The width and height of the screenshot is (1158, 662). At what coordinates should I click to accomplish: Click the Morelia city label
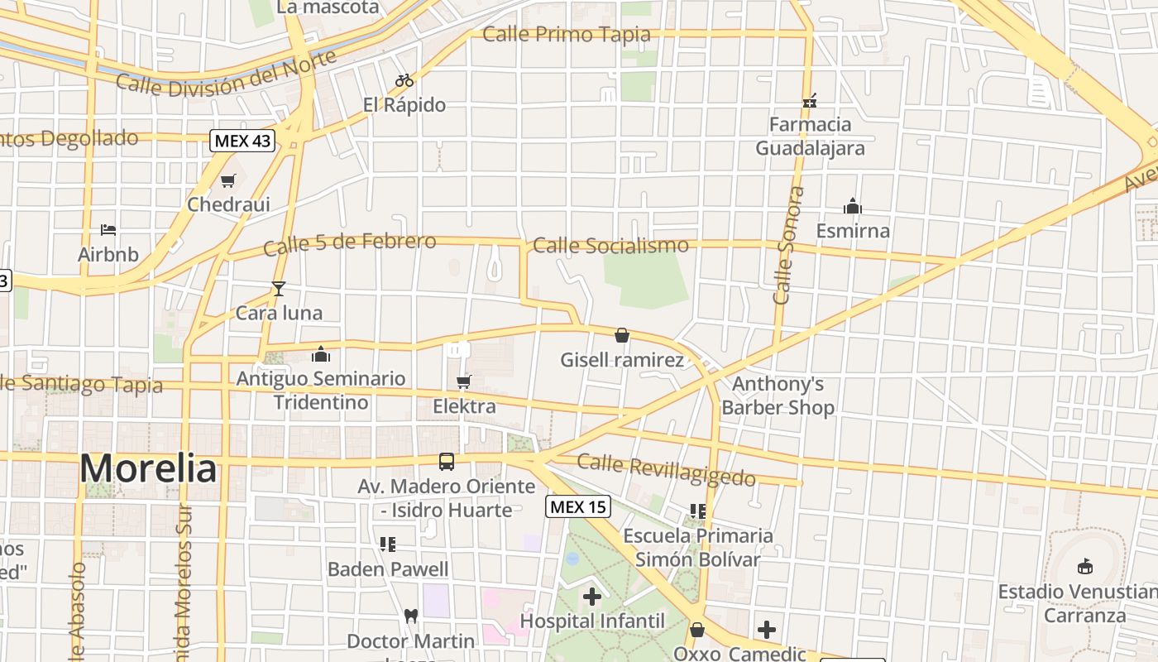(148, 468)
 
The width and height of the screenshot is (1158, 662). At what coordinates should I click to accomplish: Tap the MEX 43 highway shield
(242, 141)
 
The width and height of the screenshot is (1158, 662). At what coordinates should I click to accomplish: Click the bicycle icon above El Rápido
(404, 81)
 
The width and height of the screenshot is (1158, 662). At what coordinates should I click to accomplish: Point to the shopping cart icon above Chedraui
(228, 180)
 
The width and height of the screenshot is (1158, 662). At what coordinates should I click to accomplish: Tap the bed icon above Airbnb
(108, 230)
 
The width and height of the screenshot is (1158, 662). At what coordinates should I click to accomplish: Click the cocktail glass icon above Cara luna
(279, 289)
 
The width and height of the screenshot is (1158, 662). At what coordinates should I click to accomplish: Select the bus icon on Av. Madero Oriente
(447, 462)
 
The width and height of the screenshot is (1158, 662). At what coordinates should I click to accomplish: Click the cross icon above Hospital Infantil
(592, 596)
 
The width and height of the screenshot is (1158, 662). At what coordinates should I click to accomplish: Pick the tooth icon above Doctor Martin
(410, 616)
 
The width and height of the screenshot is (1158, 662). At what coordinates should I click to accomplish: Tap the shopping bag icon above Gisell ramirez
(622, 335)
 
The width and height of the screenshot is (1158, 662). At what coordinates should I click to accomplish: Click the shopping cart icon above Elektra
(464, 381)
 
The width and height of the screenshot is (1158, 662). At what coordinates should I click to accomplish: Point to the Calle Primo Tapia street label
(567, 35)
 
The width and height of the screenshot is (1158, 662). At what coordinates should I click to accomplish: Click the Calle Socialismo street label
(610, 245)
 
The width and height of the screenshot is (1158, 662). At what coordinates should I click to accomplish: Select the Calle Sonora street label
(787, 245)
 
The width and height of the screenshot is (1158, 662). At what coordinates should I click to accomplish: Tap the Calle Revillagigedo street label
(667, 470)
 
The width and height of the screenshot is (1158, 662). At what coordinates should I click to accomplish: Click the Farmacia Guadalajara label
(810, 137)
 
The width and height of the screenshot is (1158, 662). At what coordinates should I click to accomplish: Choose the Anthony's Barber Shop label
(778, 396)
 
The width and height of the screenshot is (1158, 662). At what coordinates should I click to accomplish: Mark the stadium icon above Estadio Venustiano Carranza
(1084, 566)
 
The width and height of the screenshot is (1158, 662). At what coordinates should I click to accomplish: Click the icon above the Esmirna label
(852, 206)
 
